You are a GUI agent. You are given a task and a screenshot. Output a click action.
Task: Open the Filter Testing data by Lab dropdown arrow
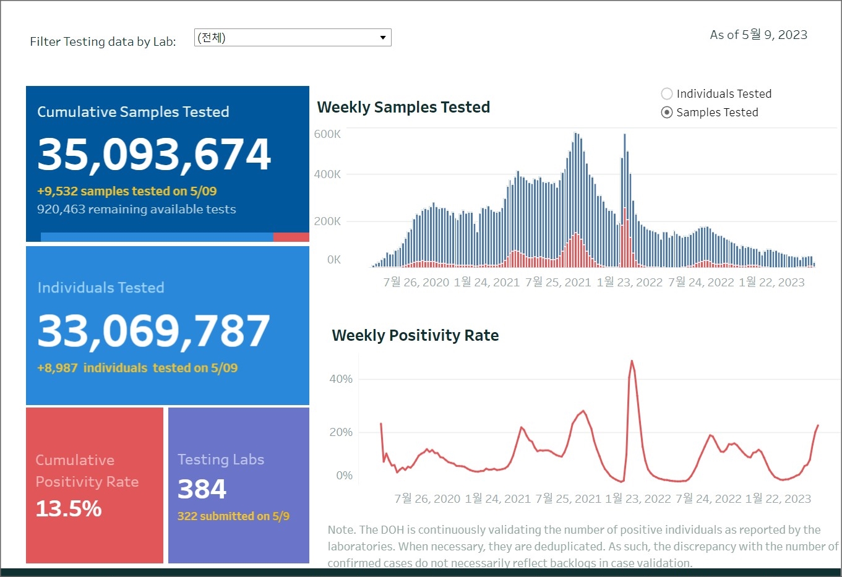click(383, 38)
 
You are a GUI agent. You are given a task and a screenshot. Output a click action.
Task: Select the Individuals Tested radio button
click(667, 94)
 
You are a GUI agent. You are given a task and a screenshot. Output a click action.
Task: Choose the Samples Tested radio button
click(667, 113)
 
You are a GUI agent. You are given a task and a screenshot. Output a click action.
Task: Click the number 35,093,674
click(154, 154)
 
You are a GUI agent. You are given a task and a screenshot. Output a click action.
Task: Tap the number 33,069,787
click(153, 331)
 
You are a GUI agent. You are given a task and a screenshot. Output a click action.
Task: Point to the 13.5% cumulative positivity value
click(69, 509)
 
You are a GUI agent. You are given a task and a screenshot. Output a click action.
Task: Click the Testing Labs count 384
click(202, 489)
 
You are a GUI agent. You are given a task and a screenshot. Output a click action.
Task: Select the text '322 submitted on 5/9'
click(233, 516)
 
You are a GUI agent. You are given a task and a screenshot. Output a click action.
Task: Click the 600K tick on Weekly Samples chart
click(327, 134)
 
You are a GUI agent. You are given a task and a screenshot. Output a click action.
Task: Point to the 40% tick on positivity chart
click(341, 379)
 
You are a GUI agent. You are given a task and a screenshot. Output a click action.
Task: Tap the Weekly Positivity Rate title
click(415, 336)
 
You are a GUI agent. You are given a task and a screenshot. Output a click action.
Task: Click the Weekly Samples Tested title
click(403, 108)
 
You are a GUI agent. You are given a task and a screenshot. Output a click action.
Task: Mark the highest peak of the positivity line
click(632, 361)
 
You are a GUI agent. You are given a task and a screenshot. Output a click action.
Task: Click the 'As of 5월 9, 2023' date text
click(758, 35)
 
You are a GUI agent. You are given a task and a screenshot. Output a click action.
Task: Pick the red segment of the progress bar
click(291, 237)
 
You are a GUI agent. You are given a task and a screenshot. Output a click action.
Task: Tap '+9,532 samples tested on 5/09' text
click(127, 191)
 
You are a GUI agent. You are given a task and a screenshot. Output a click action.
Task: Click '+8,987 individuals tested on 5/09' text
click(137, 368)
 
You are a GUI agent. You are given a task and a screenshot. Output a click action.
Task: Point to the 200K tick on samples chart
click(327, 221)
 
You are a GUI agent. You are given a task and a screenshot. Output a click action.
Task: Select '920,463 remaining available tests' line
click(136, 210)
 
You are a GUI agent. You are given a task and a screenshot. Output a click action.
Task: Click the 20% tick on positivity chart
click(341, 432)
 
